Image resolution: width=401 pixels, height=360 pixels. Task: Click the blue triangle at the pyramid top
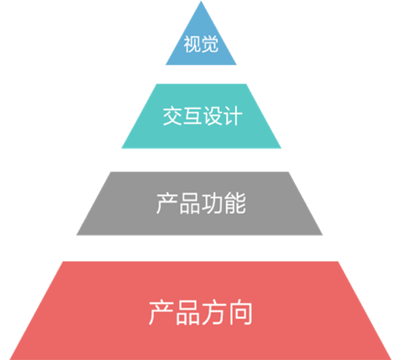(x=201, y=42)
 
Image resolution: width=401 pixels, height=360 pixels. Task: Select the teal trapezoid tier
(x=201, y=116)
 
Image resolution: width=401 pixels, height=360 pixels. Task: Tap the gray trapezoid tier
(x=200, y=204)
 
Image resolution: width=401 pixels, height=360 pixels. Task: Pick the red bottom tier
(x=200, y=310)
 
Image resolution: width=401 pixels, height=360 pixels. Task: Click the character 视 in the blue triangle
(x=192, y=44)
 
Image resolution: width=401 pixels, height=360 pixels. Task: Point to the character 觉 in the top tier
(x=209, y=44)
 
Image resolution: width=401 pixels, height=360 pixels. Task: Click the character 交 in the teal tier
(x=172, y=115)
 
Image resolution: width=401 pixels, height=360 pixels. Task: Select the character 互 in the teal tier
(x=192, y=115)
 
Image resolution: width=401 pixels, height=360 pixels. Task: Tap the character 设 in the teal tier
(x=213, y=115)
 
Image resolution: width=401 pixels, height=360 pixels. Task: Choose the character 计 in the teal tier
(x=233, y=115)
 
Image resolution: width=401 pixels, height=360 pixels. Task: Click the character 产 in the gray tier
(x=167, y=204)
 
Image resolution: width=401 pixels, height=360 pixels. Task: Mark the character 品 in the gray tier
(x=189, y=204)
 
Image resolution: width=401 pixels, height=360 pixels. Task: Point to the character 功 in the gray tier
(x=212, y=204)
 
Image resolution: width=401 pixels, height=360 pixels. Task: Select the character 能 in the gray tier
(x=235, y=204)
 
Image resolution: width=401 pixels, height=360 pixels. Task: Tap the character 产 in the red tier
(x=161, y=313)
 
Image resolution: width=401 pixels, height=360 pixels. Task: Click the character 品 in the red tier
(x=188, y=313)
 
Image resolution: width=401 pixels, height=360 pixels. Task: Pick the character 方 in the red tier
(x=214, y=313)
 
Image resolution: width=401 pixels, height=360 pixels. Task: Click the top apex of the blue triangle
(x=201, y=1)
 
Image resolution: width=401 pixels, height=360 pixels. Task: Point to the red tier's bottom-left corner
(x=10, y=359)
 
